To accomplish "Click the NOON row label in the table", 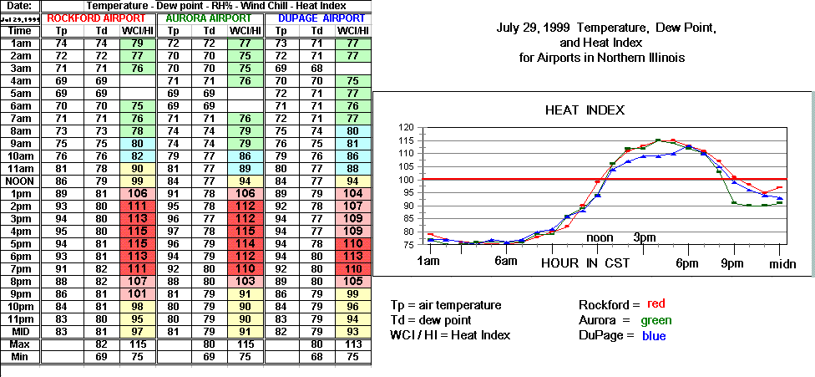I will tap(20, 181).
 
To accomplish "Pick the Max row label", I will tap(20, 344).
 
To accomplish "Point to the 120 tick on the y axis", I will tap(407, 127).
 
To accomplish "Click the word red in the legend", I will tap(657, 303).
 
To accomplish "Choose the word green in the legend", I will tap(656, 320).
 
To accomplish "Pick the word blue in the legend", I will tap(656, 336).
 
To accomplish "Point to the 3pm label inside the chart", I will tap(644, 237).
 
